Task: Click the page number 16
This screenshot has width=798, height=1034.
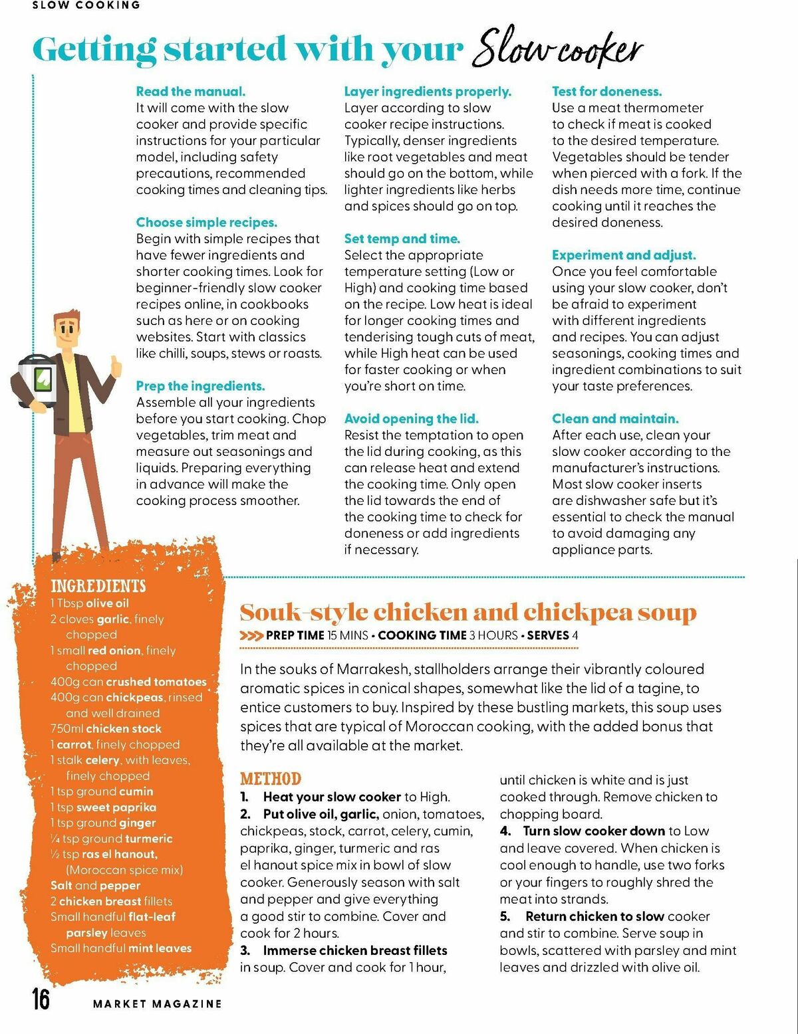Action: [41, 999]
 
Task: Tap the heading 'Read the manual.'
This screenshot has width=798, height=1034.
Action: [191, 92]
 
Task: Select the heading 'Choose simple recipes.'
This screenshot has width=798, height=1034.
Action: [207, 223]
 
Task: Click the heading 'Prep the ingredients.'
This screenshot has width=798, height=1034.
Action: [200, 386]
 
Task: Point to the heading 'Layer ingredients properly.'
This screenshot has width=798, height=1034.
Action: [428, 92]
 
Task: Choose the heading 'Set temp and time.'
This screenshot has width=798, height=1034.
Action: [402, 239]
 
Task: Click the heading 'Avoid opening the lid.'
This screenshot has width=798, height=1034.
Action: [411, 419]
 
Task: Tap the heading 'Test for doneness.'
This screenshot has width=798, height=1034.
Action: [606, 92]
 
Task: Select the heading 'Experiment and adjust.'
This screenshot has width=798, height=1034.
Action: [624, 255]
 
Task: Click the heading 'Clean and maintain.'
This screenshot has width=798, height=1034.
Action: [615, 419]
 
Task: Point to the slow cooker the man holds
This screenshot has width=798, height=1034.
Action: [38, 380]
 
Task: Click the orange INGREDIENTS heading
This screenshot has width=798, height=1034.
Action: [98, 585]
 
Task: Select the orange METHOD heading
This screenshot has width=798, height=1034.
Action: [270, 779]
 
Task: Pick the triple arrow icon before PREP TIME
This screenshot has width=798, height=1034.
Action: [251, 636]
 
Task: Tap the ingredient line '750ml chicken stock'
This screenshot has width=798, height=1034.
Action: [106, 729]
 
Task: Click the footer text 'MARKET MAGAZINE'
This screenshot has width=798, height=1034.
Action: [157, 1003]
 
